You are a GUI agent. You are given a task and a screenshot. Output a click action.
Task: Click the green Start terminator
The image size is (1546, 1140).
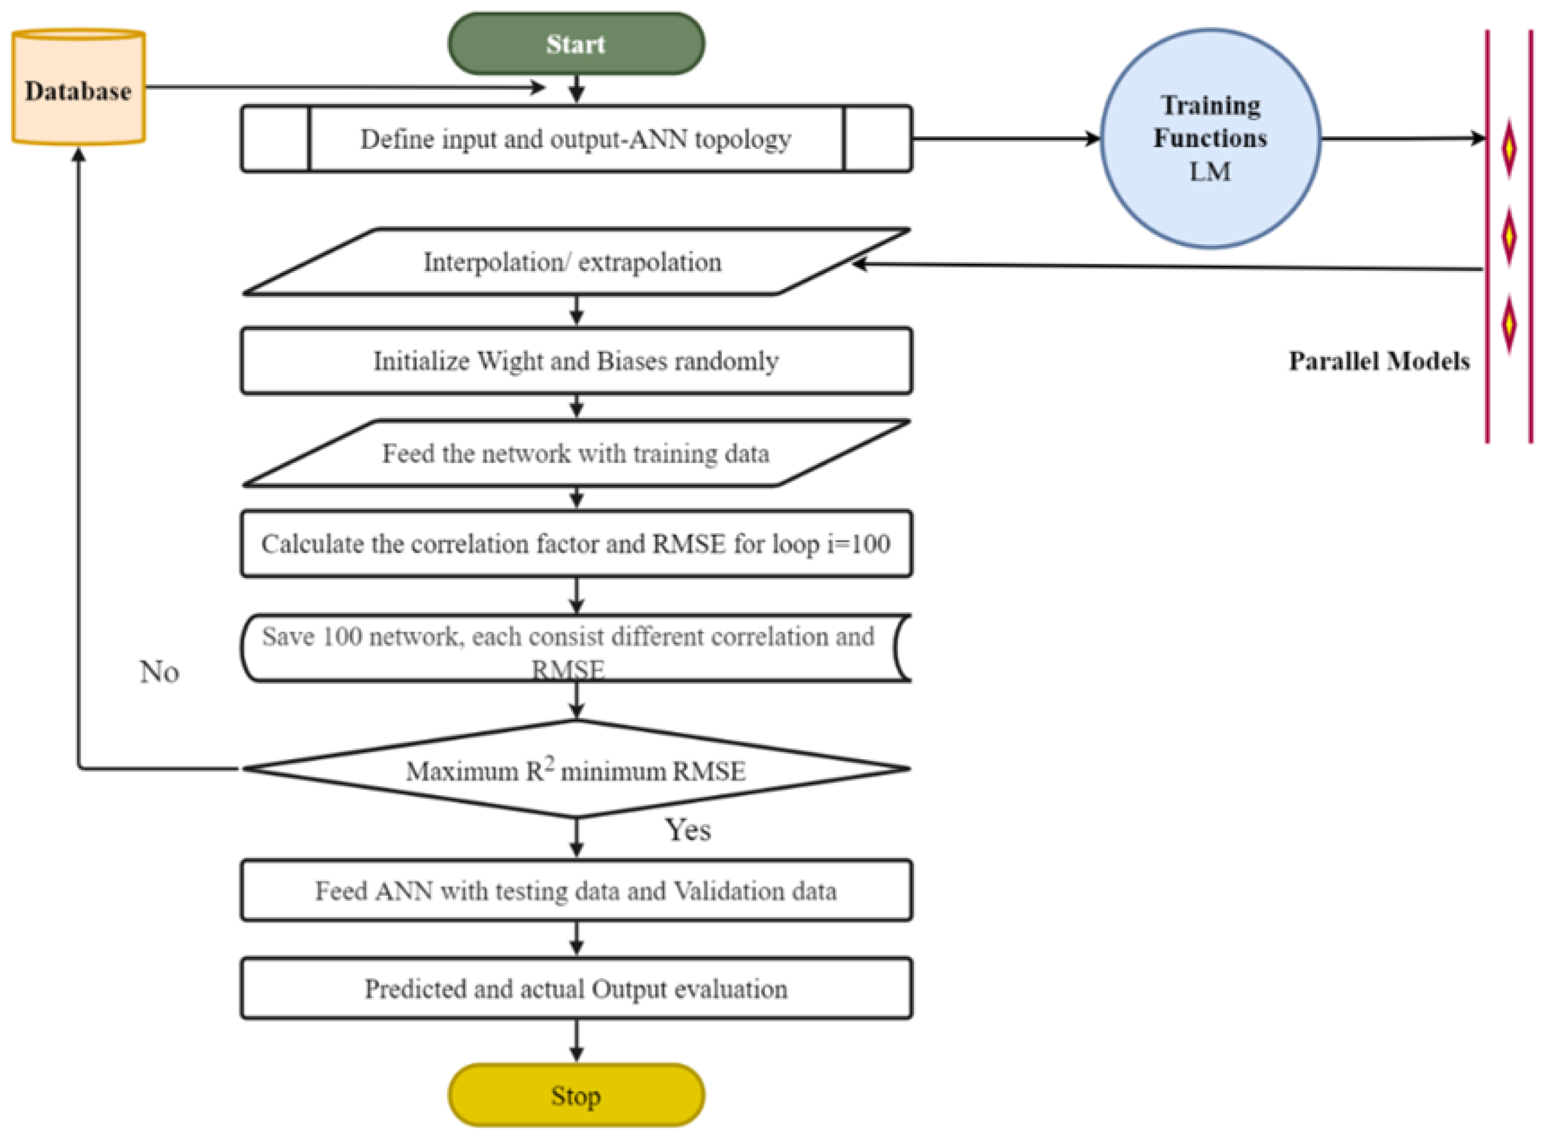pyautogui.click(x=576, y=44)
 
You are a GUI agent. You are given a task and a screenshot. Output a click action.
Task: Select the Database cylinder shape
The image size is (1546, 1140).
pyautogui.click(x=78, y=87)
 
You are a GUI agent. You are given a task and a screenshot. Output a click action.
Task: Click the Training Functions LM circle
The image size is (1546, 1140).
pyautogui.click(x=1210, y=138)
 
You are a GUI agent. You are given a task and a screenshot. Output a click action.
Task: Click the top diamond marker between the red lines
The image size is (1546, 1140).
pyautogui.click(x=1509, y=149)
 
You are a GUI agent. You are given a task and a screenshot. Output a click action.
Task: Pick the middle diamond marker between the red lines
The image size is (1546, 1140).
pyautogui.click(x=1509, y=236)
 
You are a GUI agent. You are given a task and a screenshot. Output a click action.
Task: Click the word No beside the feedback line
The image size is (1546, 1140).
pyautogui.click(x=159, y=672)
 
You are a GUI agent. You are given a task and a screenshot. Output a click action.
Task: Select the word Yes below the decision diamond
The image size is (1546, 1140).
pyautogui.click(x=688, y=830)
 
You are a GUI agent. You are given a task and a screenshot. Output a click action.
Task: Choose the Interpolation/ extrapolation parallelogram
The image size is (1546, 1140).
pyautogui.click(x=573, y=262)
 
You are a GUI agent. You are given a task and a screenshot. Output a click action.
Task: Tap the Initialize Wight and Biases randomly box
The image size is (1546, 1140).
pyautogui.click(x=576, y=361)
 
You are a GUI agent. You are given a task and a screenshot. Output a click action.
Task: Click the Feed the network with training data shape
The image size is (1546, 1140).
pyautogui.click(x=576, y=454)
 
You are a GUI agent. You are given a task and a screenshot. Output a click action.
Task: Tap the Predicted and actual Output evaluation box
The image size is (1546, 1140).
pyautogui.click(x=576, y=988)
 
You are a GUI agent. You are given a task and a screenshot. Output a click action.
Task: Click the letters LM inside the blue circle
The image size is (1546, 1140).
pyautogui.click(x=1210, y=171)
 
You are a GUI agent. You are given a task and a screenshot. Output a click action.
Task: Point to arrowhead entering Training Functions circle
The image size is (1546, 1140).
pyautogui.click(x=1093, y=139)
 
